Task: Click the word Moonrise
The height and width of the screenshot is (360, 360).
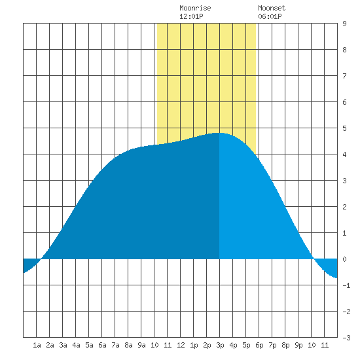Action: pyautogui.click(x=195, y=8)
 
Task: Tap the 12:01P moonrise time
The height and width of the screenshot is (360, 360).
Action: pyautogui.click(x=191, y=16)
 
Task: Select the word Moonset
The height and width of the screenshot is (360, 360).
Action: pyautogui.click(x=272, y=8)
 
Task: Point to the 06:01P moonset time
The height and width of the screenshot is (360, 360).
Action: pyautogui.click(x=270, y=16)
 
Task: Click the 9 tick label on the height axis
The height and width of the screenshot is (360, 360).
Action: pyautogui.click(x=344, y=24)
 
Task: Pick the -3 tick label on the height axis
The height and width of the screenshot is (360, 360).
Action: pyautogui.click(x=346, y=338)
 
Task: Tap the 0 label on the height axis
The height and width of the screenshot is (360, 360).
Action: pyautogui.click(x=344, y=259)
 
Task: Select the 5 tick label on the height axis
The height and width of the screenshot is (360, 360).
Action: pyautogui.click(x=344, y=128)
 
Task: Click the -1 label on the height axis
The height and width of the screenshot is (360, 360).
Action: pyautogui.click(x=346, y=285)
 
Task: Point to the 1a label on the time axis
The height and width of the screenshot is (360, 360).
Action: pyautogui.click(x=37, y=345)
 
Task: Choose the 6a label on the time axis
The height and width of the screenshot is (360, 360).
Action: pyautogui.click(x=102, y=345)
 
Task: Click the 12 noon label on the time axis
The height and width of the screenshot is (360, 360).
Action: pyautogui.click(x=181, y=345)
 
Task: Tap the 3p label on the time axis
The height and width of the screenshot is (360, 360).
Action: pyautogui.click(x=220, y=345)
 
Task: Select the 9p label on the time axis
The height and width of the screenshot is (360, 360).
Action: pyautogui.click(x=298, y=345)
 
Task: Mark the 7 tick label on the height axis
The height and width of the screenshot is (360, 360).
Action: pyautogui.click(x=344, y=76)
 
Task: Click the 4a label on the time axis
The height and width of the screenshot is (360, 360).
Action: pyautogui.click(x=76, y=345)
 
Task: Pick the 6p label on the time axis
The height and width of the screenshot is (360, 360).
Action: pyautogui.click(x=259, y=345)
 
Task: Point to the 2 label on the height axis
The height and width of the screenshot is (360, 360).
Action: pyautogui.click(x=344, y=207)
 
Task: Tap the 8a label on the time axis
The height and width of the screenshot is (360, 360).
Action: pyautogui.click(x=128, y=345)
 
